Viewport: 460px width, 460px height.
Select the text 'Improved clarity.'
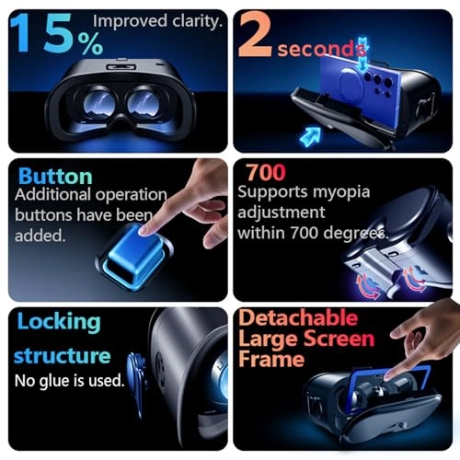point(157,19)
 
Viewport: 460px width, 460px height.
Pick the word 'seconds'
point(316,48)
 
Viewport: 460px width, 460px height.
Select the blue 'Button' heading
point(55,176)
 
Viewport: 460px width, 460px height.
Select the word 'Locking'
point(57,321)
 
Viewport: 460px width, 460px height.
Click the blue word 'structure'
point(63,355)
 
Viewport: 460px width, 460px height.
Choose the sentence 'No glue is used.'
point(70,380)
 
